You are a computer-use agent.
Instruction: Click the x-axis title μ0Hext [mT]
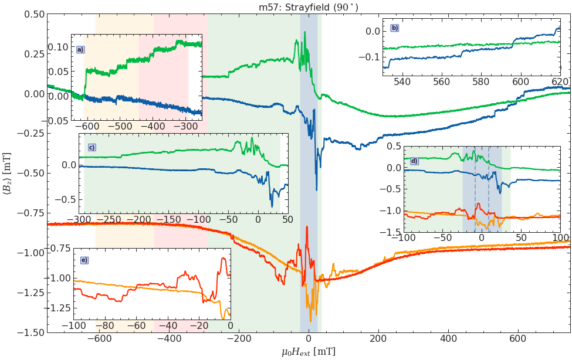tap(309, 351)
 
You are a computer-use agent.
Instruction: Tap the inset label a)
tap(80, 50)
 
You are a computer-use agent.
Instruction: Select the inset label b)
tap(394, 28)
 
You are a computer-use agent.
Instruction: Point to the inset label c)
tap(92, 147)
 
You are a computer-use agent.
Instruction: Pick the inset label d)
tap(414, 161)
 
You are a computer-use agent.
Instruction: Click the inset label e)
tap(84, 260)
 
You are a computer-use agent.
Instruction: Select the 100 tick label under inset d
tap(560, 237)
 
